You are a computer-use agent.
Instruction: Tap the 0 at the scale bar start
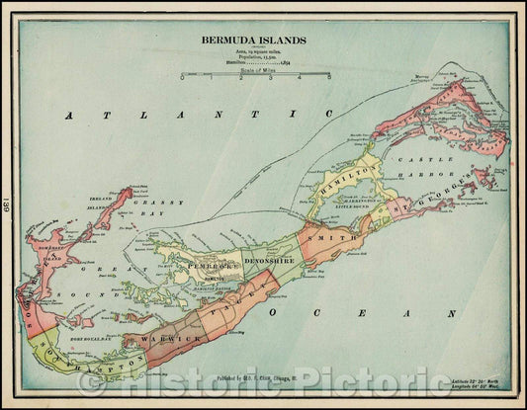pyautogui.click(x=181, y=77)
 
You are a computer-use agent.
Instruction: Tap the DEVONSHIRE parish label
pyautogui.click(x=268, y=260)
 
